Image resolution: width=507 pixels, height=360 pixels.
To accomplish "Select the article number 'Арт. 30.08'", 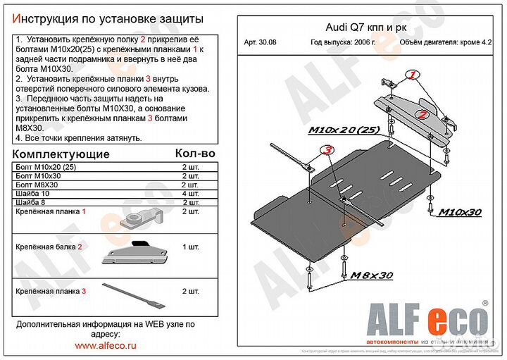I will click(x=260, y=43).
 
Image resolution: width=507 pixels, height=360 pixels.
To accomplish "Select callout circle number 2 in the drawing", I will click(x=423, y=113).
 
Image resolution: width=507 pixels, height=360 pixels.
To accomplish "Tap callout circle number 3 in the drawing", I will click(x=327, y=149).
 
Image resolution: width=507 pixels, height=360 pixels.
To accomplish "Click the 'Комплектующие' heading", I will click(x=62, y=154).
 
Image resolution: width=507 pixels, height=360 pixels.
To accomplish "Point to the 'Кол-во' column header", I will click(x=194, y=153).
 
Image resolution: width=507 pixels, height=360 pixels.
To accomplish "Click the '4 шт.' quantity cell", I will click(x=191, y=194).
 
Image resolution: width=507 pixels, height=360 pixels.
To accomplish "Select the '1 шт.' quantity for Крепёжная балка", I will click(x=191, y=247).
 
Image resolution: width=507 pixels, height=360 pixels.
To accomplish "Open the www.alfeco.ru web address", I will click(x=105, y=345).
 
